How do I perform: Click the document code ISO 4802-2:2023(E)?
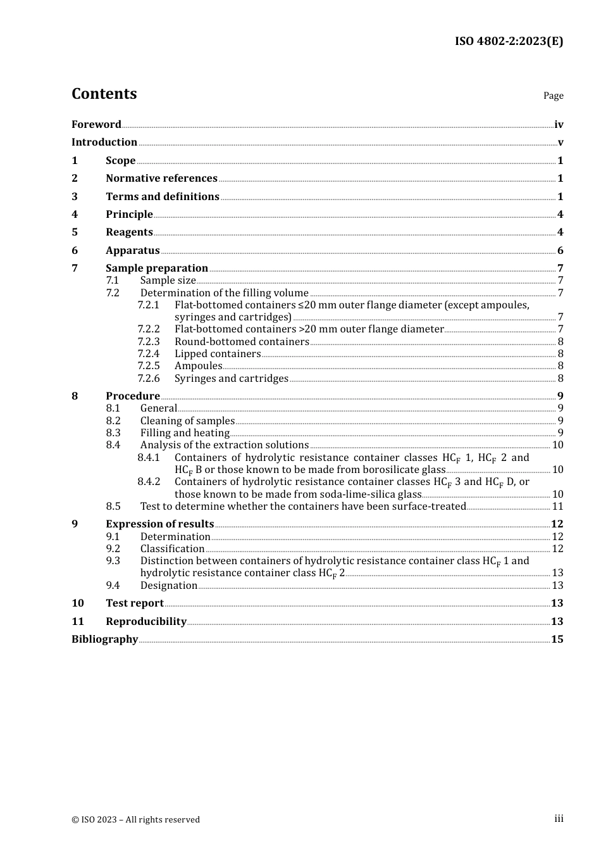(x=509, y=41)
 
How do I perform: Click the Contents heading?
(x=104, y=94)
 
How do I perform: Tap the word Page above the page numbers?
(x=553, y=96)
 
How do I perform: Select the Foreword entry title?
(x=96, y=124)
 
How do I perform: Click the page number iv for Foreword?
(x=559, y=125)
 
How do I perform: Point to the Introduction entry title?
(x=104, y=142)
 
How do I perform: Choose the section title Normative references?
(x=161, y=178)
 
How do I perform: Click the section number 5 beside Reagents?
(x=75, y=232)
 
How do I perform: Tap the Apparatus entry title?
(x=132, y=250)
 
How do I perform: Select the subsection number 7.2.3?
(x=149, y=341)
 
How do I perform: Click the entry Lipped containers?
(x=218, y=353)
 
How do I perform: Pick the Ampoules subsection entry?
(x=198, y=365)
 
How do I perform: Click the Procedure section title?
(x=133, y=396)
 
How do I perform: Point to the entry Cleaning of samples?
(x=187, y=420)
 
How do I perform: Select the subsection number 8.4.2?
(x=149, y=481)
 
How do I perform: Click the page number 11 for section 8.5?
(x=557, y=506)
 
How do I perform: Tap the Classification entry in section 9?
(x=172, y=548)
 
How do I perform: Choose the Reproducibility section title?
(x=146, y=621)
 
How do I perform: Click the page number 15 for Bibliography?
(x=557, y=639)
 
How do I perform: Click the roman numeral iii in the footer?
(x=559, y=819)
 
